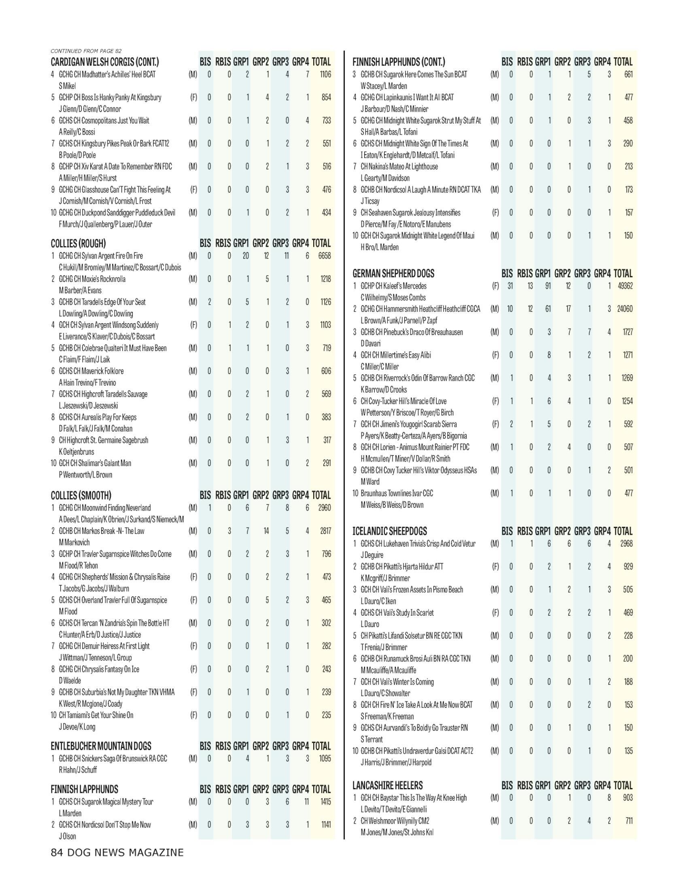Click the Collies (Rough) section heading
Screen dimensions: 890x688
click(x=78, y=244)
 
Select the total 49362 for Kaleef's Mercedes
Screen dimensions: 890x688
click(x=625, y=286)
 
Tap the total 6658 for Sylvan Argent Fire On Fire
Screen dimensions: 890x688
click(x=324, y=256)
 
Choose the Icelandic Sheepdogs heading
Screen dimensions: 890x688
click(x=390, y=531)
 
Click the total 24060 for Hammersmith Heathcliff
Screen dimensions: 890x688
click(x=625, y=309)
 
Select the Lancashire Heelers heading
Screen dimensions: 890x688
click(x=388, y=785)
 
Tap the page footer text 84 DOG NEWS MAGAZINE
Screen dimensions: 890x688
click(x=117, y=852)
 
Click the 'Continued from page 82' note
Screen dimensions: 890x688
click(x=86, y=51)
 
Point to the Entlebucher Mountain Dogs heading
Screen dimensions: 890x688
click(x=101, y=746)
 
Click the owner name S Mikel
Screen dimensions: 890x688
click(x=67, y=86)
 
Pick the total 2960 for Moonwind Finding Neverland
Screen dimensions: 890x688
click(x=324, y=508)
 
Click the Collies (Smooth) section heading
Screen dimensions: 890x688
click(x=81, y=496)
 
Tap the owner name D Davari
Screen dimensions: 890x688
click(x=370, y=343)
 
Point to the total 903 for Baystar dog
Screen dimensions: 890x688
click(x=628, y=797)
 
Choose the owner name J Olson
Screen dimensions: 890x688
click(x=67, y=836)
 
